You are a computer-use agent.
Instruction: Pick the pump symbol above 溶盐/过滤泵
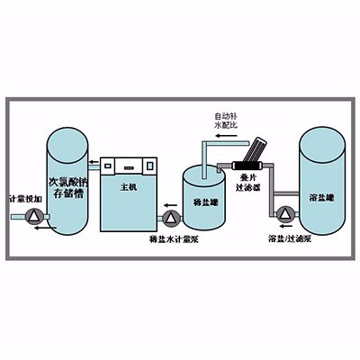(x=286, y=213)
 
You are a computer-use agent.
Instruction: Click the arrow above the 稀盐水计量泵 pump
(x=168, y=203)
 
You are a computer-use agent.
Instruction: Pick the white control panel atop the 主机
(x=130, y=165)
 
